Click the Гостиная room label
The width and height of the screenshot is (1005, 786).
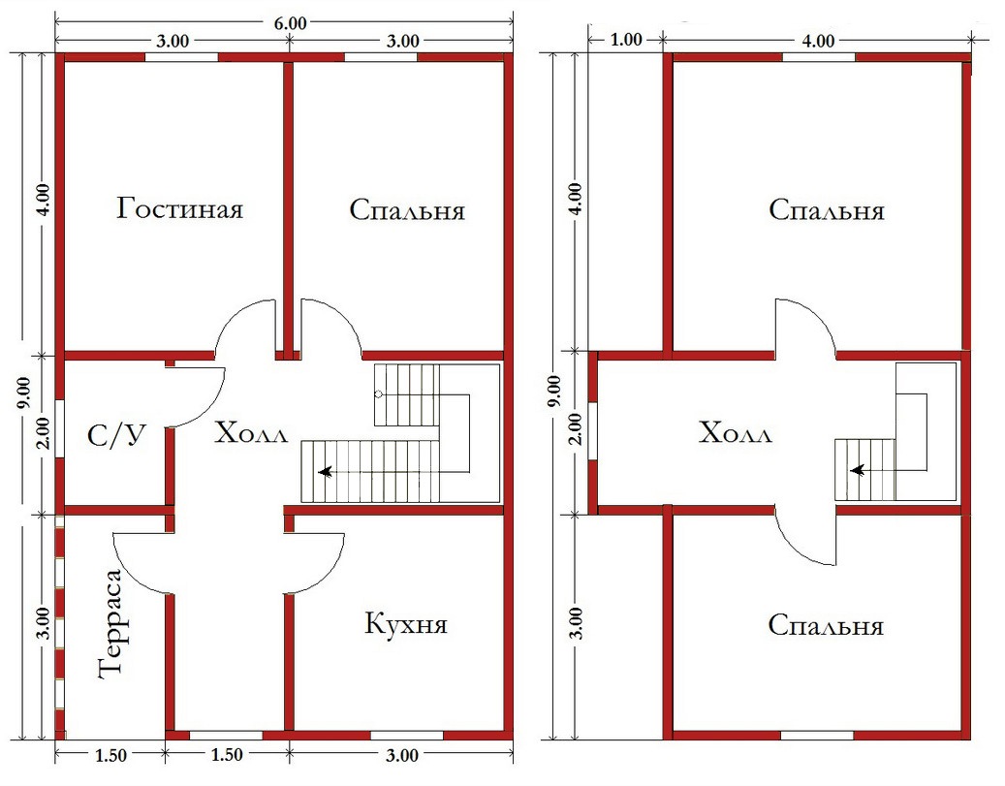tap(180, 209)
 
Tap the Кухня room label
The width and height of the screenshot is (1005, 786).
tap(406, 623)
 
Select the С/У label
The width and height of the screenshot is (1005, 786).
tap(116, 436)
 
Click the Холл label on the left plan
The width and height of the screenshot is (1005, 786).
tap(251, 433)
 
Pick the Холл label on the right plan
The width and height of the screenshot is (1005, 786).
tap(736, 433)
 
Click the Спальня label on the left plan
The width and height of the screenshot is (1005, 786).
tap(407, 209)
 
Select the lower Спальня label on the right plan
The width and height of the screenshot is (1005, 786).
tap(826, 625)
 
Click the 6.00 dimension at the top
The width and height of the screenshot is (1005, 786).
tap(291, 23)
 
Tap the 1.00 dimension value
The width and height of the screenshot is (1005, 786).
tap(626, 40)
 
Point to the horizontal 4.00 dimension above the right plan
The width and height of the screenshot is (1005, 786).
tap(819, 41)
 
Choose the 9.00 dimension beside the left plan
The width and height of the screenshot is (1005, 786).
tap(23, 393)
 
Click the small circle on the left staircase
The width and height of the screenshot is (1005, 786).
tap(379, 394)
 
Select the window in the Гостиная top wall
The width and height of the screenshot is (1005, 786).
tap(181, 57)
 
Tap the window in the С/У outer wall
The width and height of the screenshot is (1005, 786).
tap(60, 428)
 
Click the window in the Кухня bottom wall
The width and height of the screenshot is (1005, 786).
tap(407, 736)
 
